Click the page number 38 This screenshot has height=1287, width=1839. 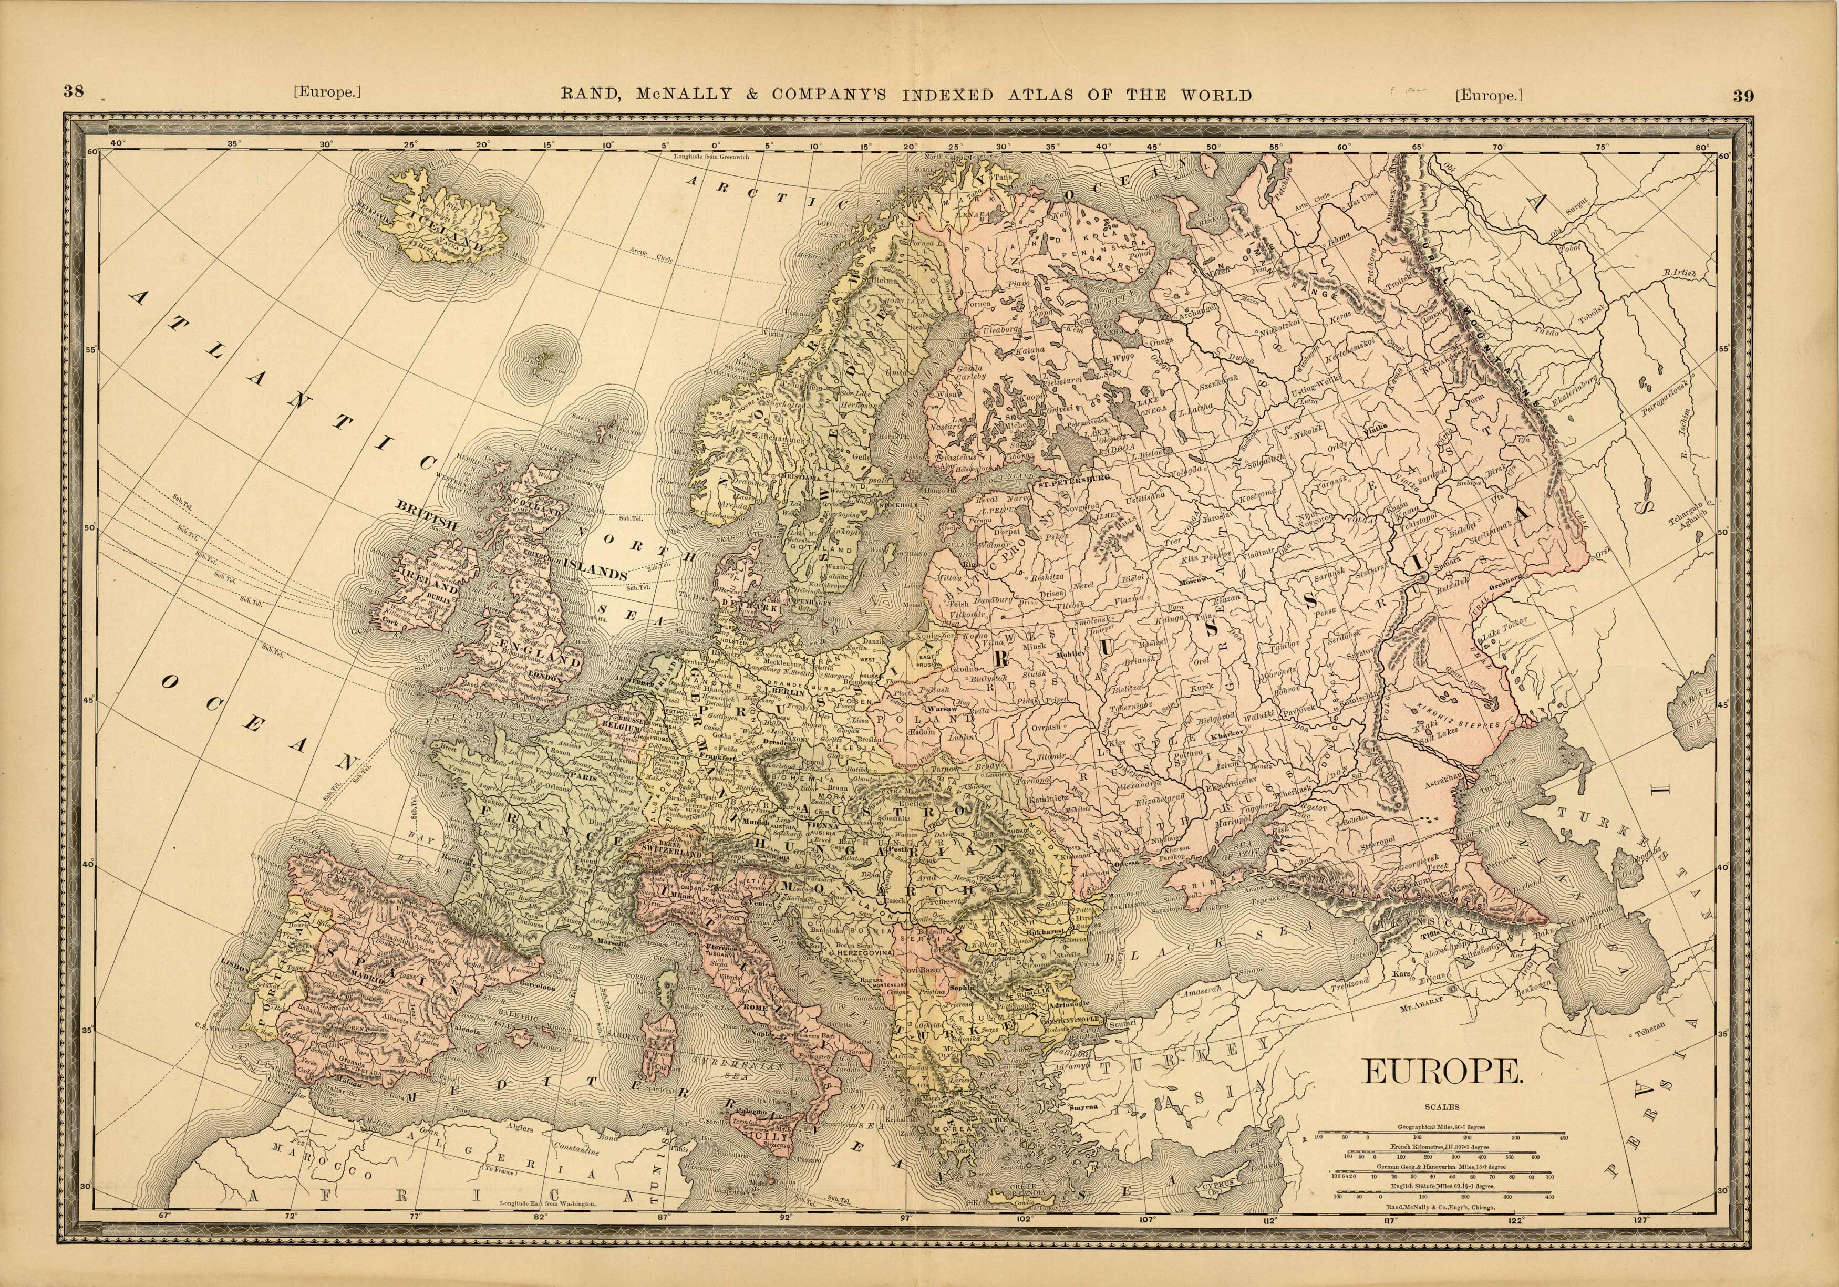click(x=74, y=91)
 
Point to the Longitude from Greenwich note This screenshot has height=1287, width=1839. click(x=711, y=157)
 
